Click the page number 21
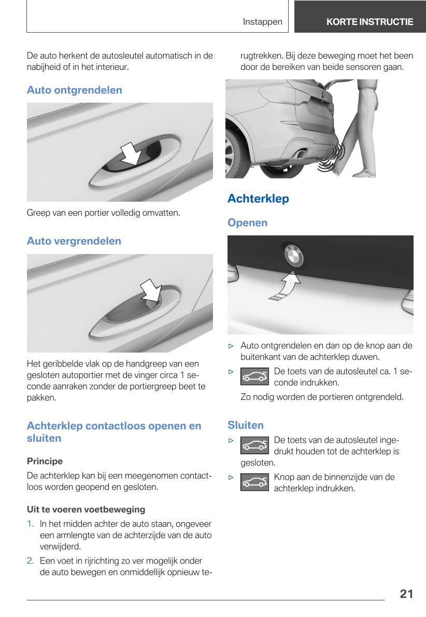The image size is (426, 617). (406, 594)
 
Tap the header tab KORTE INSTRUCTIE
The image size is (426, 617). (370, 22)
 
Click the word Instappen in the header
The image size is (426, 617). (263, 22)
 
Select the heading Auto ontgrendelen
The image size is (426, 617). (75, 90)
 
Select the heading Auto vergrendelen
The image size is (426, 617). (74, 241)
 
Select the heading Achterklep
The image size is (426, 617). (258, 199)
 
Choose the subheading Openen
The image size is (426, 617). (248, 223)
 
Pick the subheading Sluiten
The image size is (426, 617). (246, 425)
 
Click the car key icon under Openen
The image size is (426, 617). (254, 377)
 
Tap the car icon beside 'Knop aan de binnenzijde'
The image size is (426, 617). (254, 482)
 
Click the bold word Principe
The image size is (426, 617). (45, 461)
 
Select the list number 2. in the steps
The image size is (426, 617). (31, 561)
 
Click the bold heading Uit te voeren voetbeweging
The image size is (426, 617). (86, 509)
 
